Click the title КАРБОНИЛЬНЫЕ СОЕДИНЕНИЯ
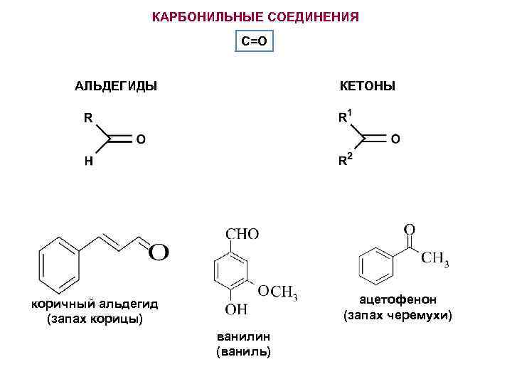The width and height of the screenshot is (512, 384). [x=255, y=16]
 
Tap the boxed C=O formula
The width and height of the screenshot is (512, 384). [x=254, y=41]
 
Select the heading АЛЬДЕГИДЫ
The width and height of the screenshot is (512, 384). [x=116, y=87]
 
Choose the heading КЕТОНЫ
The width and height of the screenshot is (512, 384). [x=368, y=87]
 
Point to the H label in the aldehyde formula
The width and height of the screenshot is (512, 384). [x=88, y=161]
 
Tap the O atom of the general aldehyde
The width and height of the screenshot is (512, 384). [x=141, y=139]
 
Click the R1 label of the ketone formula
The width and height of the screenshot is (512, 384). [x=344, y=117]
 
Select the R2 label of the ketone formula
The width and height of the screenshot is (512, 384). [x=344, y=161]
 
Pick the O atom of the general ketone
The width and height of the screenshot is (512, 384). [x=395, y=139]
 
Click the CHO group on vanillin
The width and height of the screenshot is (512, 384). [x=242, y=233]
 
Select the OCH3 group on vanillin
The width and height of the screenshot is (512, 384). [x=277, y=292]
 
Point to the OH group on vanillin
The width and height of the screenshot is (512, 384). [x=237, y=309]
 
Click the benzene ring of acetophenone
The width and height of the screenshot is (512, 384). [x=375, y=264]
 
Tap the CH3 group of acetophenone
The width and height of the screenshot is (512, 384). [x=435, y=259]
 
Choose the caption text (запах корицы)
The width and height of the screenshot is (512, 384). [x=95, y=319]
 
